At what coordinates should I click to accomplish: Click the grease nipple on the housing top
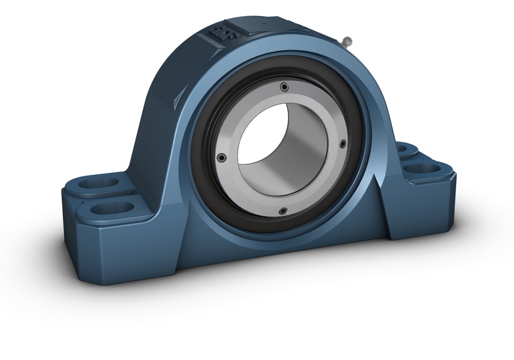coord(347,42)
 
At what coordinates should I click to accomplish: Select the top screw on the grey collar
coord(283,86)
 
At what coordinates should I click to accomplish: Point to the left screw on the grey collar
coord(221,156)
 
